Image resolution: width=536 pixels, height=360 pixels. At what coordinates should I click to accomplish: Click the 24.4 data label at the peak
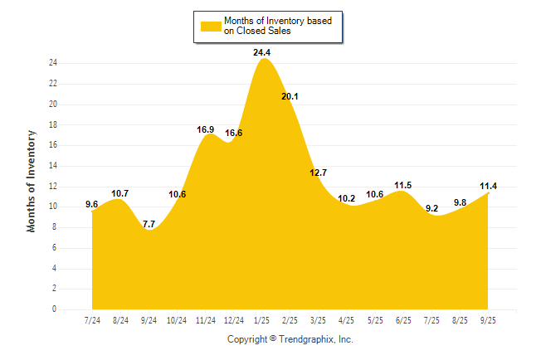tap(262, 52)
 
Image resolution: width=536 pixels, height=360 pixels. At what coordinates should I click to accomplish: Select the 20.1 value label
tap(290, 96)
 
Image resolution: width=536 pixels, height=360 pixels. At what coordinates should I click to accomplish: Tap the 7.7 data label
tap(149, 224)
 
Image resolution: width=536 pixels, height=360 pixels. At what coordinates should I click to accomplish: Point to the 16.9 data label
tap(206, 129)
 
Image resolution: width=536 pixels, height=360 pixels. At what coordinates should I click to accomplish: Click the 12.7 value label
tap(319, 173)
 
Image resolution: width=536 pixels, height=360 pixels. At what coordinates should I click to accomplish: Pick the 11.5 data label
tap(403, 185)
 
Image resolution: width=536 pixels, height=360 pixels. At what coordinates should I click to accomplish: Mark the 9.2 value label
tap(431, 208)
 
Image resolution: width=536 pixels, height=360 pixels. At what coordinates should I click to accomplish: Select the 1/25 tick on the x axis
tap(262, 320)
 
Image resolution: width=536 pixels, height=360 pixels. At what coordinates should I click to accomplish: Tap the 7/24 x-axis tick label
tap(93, 320)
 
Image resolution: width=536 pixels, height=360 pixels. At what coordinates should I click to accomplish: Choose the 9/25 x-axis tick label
tap(487, 320)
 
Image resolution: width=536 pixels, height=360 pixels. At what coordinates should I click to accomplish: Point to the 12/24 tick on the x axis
tap(234, 320)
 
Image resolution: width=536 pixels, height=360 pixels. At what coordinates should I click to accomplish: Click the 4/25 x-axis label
tap(347, 320)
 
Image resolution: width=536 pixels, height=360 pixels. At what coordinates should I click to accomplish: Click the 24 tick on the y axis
tap(52, 63)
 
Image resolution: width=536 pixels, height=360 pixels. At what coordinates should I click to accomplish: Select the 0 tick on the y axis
tap(54, 309)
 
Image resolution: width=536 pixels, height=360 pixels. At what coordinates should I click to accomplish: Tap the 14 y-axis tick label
tap(52, 166)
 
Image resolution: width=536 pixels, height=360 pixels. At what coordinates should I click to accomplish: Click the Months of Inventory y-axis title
tap(32, 180)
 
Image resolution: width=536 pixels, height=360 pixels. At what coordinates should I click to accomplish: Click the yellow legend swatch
tap(211, 26)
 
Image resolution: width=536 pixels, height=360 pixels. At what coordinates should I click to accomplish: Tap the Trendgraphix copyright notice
tap(290, 339)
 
